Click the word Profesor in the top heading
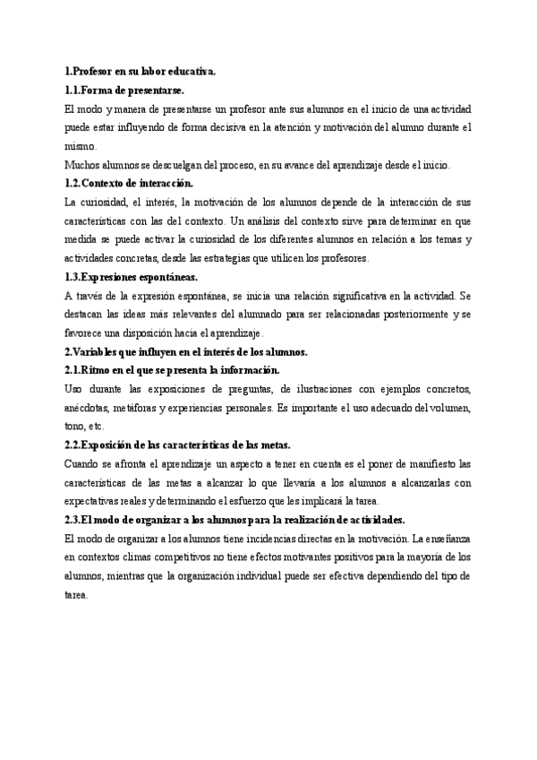(x=92, y=70)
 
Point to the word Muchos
(x=82, y=165)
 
